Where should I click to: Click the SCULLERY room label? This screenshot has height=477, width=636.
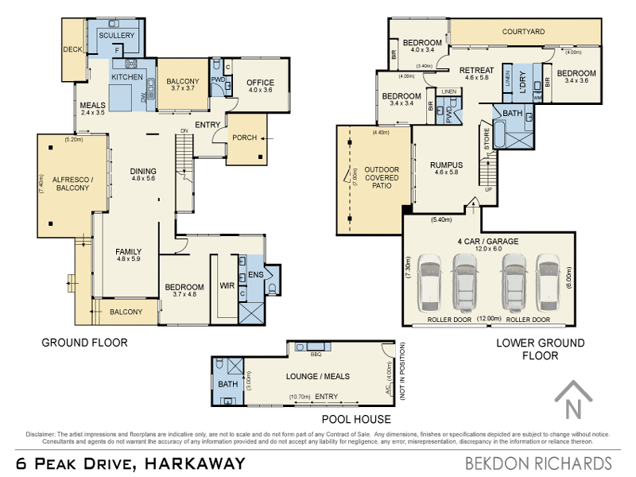pos(117,36)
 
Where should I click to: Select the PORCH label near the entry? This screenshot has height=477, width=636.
pos(244,138)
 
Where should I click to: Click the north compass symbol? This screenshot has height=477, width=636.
pos(572,401)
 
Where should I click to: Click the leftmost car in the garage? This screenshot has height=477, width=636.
pos(430,282)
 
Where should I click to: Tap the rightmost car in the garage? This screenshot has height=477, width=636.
pos(548,282)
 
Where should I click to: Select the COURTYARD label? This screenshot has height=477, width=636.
pos(523,32)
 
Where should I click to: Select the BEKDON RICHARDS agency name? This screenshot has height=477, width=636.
pos(537,463)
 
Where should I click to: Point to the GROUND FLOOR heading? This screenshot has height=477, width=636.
pos(84,343)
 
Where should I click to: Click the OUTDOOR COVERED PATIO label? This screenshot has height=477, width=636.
pos(382,180)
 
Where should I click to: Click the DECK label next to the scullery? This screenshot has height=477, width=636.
pos(73,50)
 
